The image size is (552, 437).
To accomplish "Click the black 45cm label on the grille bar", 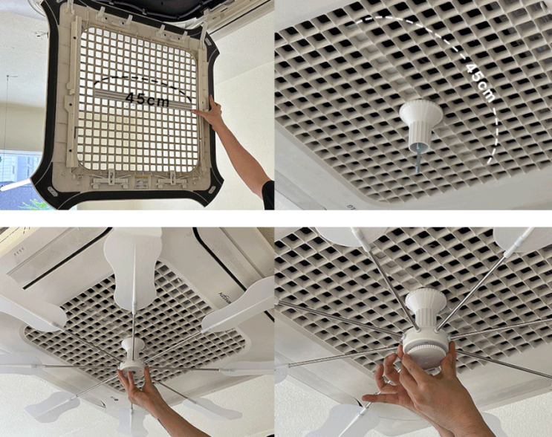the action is coord(147,100).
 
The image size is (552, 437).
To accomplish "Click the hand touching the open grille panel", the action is coord(210,111).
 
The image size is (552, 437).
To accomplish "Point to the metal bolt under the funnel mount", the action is coord(418,158).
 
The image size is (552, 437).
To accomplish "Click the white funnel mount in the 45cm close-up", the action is coord(421,124).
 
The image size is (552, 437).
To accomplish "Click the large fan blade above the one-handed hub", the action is coord(133,268).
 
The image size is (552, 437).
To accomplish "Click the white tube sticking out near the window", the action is coord(15,185).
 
